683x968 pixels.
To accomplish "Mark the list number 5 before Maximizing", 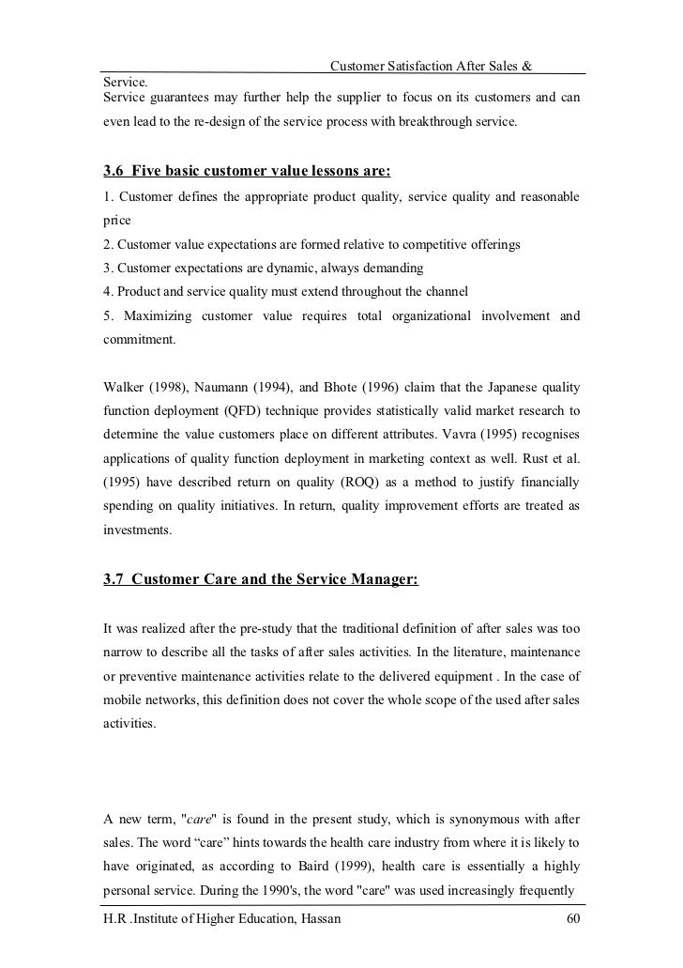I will pos(107,315).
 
